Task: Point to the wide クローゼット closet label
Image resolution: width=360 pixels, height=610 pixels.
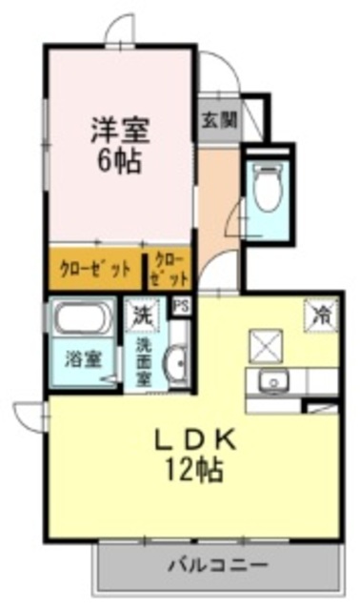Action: click(94, 268)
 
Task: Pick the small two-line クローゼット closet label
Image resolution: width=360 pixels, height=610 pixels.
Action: click(169, 268)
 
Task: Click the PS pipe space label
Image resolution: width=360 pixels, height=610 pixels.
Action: click(181, 306)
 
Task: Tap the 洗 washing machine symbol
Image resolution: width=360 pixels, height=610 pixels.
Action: click(142, 313)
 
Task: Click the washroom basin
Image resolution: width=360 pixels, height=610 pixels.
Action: click(175, 364)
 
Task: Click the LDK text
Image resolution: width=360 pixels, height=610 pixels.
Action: click(196, 440)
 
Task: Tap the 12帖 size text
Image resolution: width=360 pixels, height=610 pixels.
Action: click(196, 470)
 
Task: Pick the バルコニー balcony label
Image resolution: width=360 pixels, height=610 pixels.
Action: click(217, 564)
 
